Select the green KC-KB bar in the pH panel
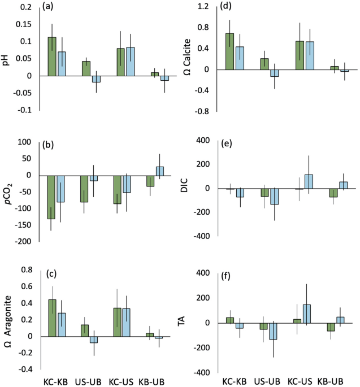coord(52,56)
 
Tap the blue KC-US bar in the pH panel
coord(131,62)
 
